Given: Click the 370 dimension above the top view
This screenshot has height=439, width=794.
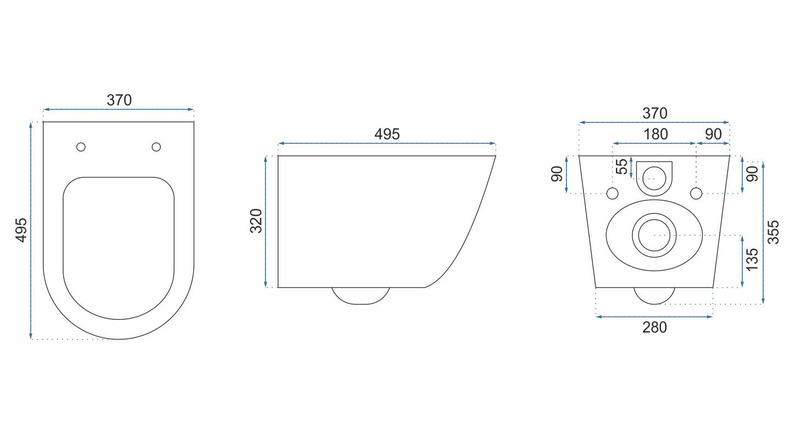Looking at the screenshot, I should click(119, 100).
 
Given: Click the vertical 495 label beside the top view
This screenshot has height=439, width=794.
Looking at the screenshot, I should click(20, 230).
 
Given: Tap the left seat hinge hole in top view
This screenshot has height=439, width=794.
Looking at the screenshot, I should click(81, 147).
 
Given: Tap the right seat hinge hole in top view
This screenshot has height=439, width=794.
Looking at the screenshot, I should click(156, 147).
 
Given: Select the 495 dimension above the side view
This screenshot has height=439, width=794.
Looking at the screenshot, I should click(387, 134).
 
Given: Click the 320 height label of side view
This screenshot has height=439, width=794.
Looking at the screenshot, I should click(256, 221).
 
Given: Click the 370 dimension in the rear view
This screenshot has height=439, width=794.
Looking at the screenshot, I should click(654, 114).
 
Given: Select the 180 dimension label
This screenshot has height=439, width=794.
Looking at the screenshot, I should click(655, 134).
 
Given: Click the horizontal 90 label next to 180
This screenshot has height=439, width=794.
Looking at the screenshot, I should click(713, 134).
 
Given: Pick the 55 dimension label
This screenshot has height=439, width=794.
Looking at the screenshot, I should click(621, 166).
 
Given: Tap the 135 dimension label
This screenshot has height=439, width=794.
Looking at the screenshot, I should click(752, 260).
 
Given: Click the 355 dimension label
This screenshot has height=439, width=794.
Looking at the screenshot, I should click(773, 232).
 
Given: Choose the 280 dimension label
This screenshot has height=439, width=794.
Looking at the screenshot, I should click(654, 328).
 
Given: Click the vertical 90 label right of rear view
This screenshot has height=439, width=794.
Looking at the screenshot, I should click(752, 173).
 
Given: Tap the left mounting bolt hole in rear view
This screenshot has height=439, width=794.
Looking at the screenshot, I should click(613, 193).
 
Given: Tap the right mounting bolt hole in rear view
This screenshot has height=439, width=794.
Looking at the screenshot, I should click(696, 193).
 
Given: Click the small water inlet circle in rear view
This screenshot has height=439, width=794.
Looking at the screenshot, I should click(654, 177).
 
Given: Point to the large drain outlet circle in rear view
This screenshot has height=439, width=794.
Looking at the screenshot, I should click(654, 235).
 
